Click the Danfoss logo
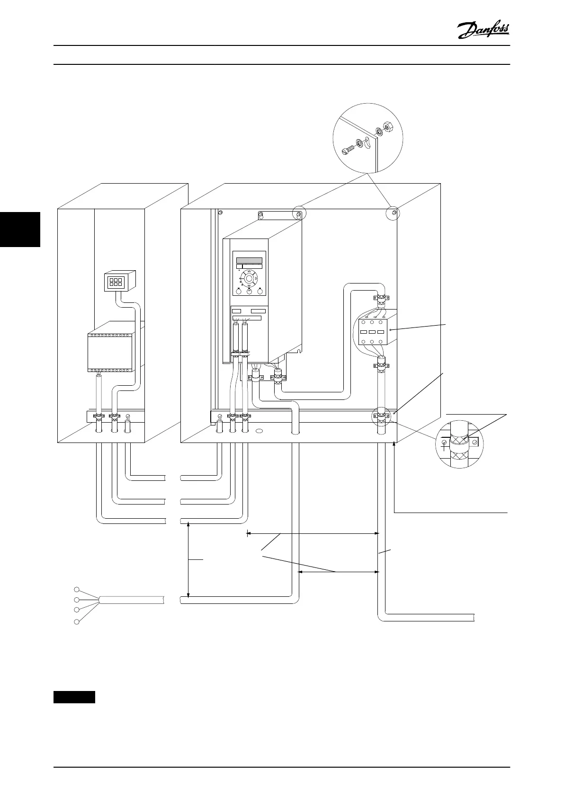point(483,31)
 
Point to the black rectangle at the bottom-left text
point(74,697)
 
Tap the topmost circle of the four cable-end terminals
point(76,589)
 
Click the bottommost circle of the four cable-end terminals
point(76,621)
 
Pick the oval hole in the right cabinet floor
point(260,432)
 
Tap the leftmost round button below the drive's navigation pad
point(238,292)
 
